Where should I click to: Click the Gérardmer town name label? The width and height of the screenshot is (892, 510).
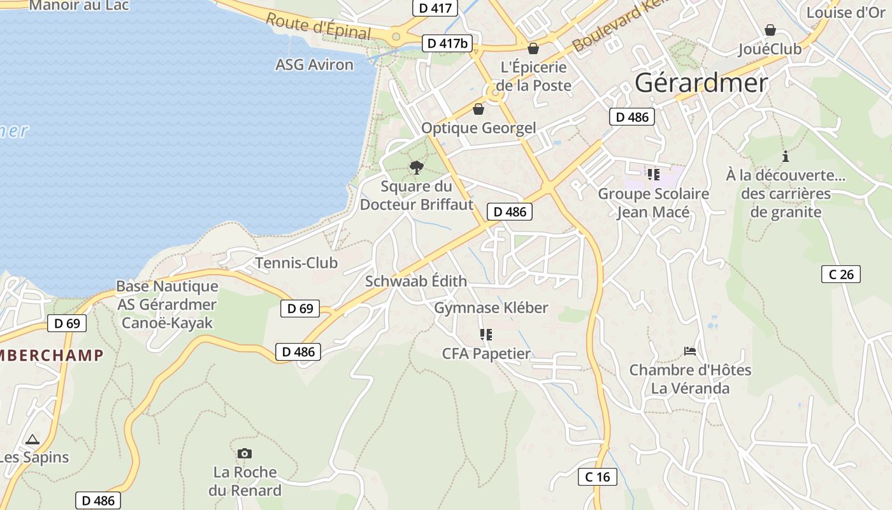(x=701, y=83)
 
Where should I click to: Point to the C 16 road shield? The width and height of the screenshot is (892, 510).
(x=598, y=476)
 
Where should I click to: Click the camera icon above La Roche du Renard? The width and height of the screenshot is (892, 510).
(x=244, y=453)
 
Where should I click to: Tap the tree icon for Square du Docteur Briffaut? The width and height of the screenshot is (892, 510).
(x=417, y=168)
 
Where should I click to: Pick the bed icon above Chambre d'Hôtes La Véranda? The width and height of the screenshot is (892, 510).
(x=689, y=351)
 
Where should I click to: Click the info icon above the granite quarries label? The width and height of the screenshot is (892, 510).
(x=786, y=156)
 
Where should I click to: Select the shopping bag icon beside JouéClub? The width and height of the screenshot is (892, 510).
(x=770, y=30)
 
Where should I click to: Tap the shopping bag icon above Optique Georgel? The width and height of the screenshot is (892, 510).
(x=478, y=109)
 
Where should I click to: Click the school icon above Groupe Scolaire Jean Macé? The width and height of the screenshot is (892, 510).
(x=653, y=174)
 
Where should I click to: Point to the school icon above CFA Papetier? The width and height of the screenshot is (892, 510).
(x=486, y=335)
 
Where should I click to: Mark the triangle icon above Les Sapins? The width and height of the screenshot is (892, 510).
(x=32, y=439)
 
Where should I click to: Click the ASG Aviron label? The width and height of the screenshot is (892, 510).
(x=314, y=64)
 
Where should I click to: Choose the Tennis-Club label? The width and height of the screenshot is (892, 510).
(x=296, y=263)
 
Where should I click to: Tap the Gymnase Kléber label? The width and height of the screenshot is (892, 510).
(x=491, y=308)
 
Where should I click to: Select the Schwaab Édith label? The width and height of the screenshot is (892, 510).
(x=416, y=281)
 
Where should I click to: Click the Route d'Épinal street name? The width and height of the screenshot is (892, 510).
(x=318, y=26)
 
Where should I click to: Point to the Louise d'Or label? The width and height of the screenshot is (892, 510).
(x=846, y=12)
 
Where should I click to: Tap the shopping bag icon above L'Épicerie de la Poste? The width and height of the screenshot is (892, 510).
(x=533, y=48)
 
